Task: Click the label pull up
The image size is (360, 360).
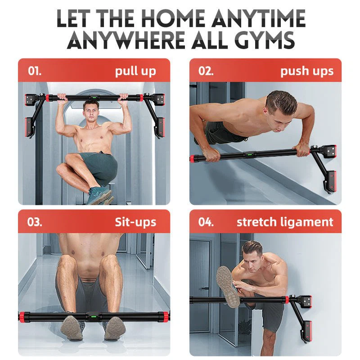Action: pyautogui.click(x=135, y=71)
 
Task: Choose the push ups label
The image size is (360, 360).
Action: pyautogui.click(x=307, y=71)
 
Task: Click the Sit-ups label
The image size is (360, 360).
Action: pyautogui.click(x=135, y=222)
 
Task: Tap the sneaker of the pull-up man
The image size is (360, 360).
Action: pyautogui.click(x=99, y=194)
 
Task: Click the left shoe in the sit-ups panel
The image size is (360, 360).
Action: pyautogui.click(x=72, y=327)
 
